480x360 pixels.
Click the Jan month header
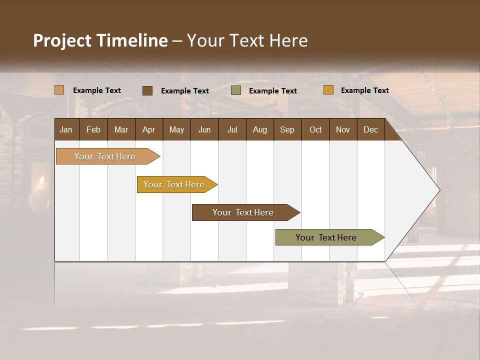pyautogui.click(x=66, y=129)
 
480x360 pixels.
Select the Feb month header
pyautogui.click(x=93, y=129)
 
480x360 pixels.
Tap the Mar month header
pyautogui.click(x=121, y=129)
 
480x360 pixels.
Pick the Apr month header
pyautogui.click(x=149, y=129)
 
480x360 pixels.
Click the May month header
pyautogui.click(x=176, y=129)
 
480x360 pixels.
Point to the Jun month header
pyautogui.click(x=204, y=129)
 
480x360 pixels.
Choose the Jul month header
pyautogui.click(x=232, y=129)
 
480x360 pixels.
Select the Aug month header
pyautogui.click(x=260, y=129)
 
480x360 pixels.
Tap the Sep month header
pyautogui.click(x=287, y=129)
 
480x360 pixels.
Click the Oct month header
pyautogui.click(x=315, y=129)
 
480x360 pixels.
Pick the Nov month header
pyautogui.click(x=343, y=129)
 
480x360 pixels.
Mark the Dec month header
pyautogui.click(x=371, y=129)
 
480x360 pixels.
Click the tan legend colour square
pyautogui.click(x=59, y=90)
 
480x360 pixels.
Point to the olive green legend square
pyautogui.click(x=236, y=90)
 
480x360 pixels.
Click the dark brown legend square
pyautogui.click(x=147, y=90)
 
